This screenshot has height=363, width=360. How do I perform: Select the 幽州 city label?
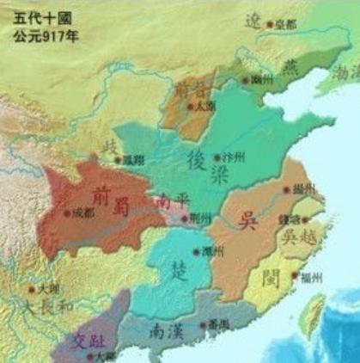tap(262, 78)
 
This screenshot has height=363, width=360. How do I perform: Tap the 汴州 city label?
tap(233, 160)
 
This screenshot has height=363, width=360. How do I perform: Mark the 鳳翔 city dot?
tap(119, 159)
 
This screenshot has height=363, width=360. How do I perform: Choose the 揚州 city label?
tap(302, 188)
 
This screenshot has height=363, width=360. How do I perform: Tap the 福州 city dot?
tap(294, 276)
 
